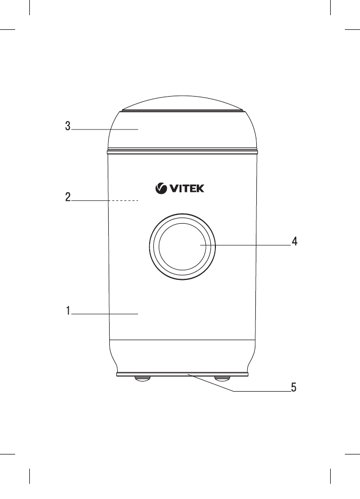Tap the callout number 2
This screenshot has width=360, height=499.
(x=67, y=197)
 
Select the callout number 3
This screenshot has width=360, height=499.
(x=67, y=126)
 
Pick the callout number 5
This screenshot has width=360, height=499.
(x=293, y=388)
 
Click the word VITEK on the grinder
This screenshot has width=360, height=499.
(x=186, y=189)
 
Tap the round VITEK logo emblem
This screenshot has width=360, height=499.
(x=160, y=189)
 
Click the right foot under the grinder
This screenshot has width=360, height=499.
(x=222, y=378)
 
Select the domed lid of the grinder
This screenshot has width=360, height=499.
(x=182, y=130)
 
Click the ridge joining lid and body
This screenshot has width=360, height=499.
(x=182, y=150)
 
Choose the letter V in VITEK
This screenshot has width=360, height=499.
(x=172, y=189)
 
